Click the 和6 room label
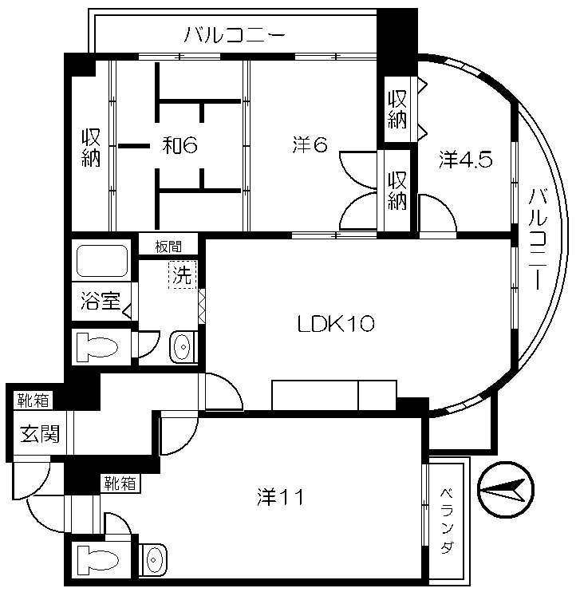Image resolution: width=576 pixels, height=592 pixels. [180, 145]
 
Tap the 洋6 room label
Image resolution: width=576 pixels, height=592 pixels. [310, 145]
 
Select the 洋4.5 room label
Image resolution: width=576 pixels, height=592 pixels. [465, 160]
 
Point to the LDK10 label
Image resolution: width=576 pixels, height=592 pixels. [336, 324]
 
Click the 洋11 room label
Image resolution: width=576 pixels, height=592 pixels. [281, 497]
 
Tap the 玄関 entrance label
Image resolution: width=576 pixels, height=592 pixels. [40, 433]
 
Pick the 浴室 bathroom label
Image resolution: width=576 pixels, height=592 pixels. [101, 302]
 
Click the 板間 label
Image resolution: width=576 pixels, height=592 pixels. [168, 247]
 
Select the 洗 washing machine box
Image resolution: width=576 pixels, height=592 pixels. [183, 274]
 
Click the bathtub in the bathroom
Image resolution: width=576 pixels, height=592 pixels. [102, 261]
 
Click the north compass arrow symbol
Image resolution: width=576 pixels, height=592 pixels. [506, 490]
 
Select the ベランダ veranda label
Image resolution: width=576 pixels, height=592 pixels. [447, 521]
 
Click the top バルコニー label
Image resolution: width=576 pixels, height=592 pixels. [235, 35]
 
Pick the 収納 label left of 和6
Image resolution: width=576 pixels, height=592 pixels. [91, 148]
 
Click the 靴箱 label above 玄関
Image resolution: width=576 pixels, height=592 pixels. [34, 401]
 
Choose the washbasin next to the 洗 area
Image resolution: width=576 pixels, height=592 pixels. [183, 347]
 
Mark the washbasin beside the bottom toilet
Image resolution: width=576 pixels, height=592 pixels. [153, 560]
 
